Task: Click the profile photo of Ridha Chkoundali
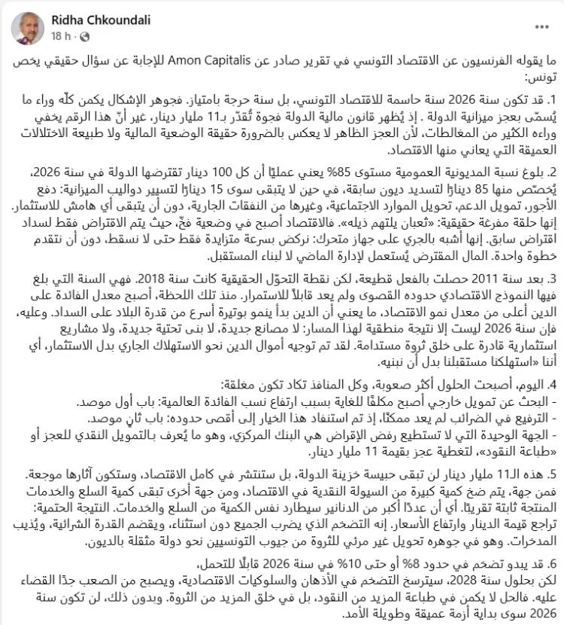(x=27, y=27)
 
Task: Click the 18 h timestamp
(x=60, y=35)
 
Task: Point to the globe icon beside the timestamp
(x=83, y=35)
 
